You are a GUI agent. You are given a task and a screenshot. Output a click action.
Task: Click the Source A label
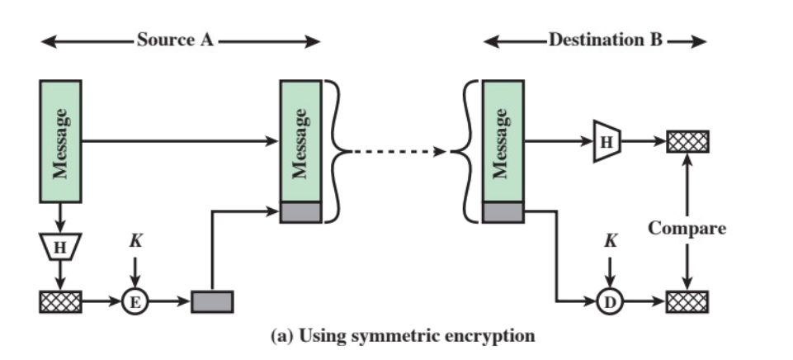coord(174,40)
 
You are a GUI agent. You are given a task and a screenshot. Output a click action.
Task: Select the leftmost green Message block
coord(60,141)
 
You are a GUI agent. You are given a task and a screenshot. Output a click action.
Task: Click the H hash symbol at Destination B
coord(607,142)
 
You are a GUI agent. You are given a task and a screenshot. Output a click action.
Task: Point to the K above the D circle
coord(609,243)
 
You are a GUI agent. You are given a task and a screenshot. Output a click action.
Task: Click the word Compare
coord(687,228)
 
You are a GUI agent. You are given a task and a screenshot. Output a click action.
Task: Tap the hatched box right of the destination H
coord(687,142)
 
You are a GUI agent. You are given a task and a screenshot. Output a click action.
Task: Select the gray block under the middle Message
coord(300,212)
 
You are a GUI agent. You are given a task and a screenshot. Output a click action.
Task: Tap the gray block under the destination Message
coord(502,212)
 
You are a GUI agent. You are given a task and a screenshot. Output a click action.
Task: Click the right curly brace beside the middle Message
coord(333,151)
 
